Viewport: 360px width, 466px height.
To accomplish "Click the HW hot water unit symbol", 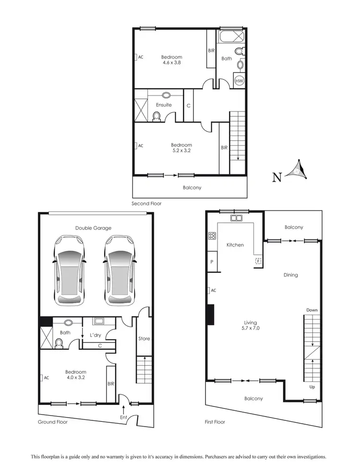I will (x=239, y=81).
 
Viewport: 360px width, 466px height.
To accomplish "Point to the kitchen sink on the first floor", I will (x=236, y=218).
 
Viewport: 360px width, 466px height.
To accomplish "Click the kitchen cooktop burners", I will (x=212, y=235).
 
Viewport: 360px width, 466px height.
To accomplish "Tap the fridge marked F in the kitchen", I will (x=258, y=261).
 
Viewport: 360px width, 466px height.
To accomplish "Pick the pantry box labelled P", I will (x=212, y=262).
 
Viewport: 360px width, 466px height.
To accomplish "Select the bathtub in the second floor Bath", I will (x=232, y=37).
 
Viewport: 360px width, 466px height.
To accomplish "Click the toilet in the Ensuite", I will (x=156, y=116).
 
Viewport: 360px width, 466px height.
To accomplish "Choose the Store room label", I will (x=144, y=339).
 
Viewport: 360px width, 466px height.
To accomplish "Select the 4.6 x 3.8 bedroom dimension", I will (x=171, y=62).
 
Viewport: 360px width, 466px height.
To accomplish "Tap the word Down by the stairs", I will (x=312, y=310).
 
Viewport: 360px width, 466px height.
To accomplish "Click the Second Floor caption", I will (x=146, y=204).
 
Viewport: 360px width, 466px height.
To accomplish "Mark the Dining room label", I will (x=290, y=275).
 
